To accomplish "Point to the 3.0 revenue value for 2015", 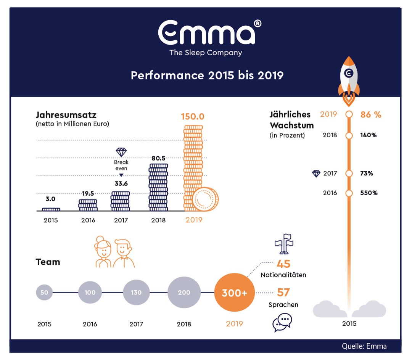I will [x=51, y=199].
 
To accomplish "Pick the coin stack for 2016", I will [x=88, y=205].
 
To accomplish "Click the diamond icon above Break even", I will [x=121, y=152].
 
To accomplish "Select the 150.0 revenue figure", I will [x=193, y=116].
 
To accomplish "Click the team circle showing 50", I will [x=44, y=292].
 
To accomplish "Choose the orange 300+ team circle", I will [x=235, y=292].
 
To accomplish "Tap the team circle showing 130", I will [x=136, y=292].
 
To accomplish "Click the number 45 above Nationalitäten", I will [x=283, y=264].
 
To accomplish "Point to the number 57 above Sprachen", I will [x=283, y=292].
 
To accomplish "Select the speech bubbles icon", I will [x=282, y=322].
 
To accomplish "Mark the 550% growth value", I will [x=369, y=193].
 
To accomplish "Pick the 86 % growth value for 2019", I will [x=371, y=114].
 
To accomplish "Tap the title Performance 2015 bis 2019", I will [x=207, y=75].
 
